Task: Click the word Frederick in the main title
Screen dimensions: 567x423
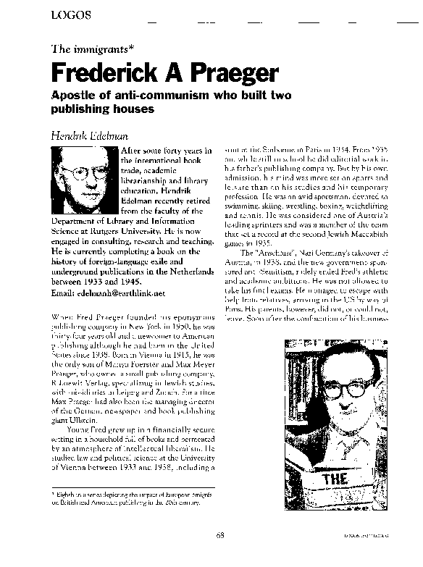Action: coord(104,72)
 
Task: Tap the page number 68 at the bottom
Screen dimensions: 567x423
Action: coord(219,535)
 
